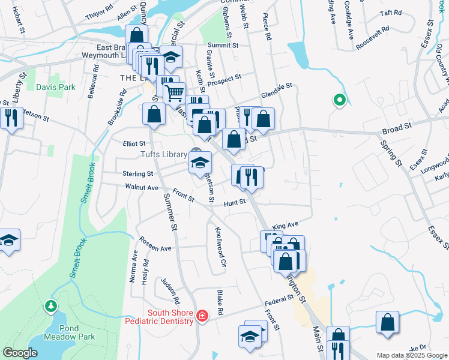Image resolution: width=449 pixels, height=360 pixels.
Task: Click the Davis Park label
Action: pyautogui.click(x=55, y=87)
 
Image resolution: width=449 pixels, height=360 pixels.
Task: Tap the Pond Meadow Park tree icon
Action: pyautogui.click(x=51, y=307)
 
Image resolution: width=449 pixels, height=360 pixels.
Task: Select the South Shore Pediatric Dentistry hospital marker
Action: pyautogui.click(x=202, y=316)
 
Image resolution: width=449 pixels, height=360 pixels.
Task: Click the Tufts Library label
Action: pyautogui.click(x=163, y=154)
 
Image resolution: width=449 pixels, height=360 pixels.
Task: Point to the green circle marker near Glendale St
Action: pyautogui.click(x=339, y=100)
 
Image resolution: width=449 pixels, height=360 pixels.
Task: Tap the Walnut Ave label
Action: pyautogui.click(x=142, y=188)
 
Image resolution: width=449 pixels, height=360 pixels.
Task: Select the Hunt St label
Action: pyautogui.click(x=235, y=203)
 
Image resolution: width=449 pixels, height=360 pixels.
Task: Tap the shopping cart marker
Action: pyautogui.click(x=174, y=93)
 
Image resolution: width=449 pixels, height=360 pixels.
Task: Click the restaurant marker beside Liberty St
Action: pyautogui.click(x=11, y=118)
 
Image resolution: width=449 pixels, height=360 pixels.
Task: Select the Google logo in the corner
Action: pyautogui.click(x=19, y=353)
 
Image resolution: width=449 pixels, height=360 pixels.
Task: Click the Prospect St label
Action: pyautogui.click(x=224, y=77)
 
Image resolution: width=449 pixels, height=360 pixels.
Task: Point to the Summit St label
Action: pyautogui.click(x=223, y=45)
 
